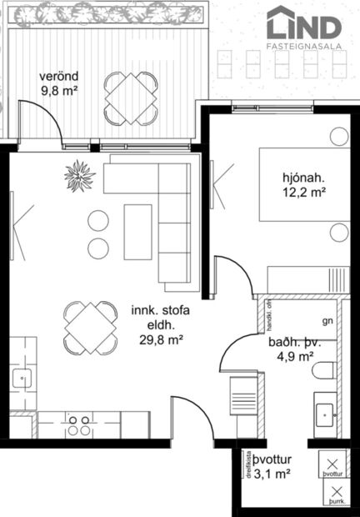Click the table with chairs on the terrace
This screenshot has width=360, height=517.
131,97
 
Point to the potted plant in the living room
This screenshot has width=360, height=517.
81,175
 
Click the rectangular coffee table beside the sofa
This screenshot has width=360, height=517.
137,231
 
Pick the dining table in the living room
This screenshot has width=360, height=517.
90,325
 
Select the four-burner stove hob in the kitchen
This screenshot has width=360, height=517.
80,425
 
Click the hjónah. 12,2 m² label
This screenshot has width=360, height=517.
303,184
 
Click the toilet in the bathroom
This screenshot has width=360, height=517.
326,372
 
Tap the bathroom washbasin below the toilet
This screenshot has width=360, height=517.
326,410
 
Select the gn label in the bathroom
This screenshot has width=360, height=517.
327,320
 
